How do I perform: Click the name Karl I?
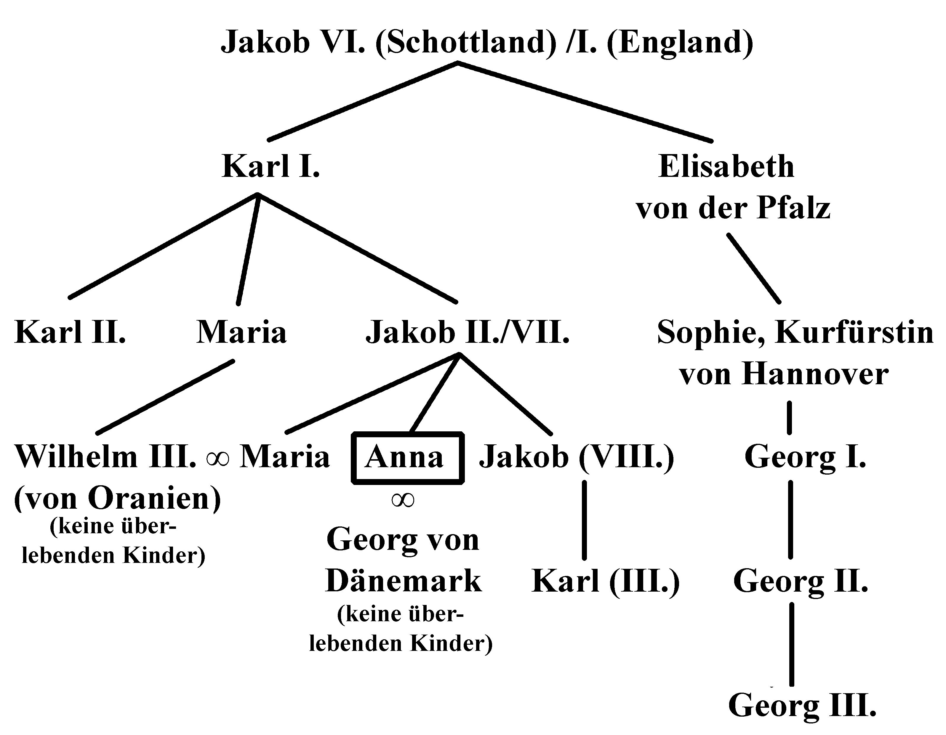pos(271,167)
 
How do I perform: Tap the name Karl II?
pos(70,332)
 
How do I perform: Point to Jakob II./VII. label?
pos(468,332)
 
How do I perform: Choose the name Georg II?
pos(801,581)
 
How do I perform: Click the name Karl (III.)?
pos(606,581)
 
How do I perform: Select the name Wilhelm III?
pos(106,457)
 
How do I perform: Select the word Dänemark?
pos(403,581)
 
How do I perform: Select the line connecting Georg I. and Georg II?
pos(790,519)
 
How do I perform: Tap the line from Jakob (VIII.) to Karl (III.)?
pos(584,519)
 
